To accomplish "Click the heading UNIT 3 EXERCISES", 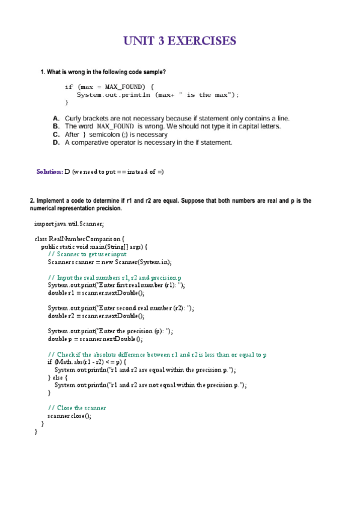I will click(180, 41).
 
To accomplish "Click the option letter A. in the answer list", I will click(56, 118).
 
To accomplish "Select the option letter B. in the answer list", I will click(56, 126).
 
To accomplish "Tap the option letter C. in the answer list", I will click(56, 135).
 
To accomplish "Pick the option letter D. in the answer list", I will click(56, 143).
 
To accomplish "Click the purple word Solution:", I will click(49, 171).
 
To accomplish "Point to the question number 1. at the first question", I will click(43, 72).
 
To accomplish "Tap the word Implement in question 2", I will click(52, 201).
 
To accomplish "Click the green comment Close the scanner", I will click(81, 408).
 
